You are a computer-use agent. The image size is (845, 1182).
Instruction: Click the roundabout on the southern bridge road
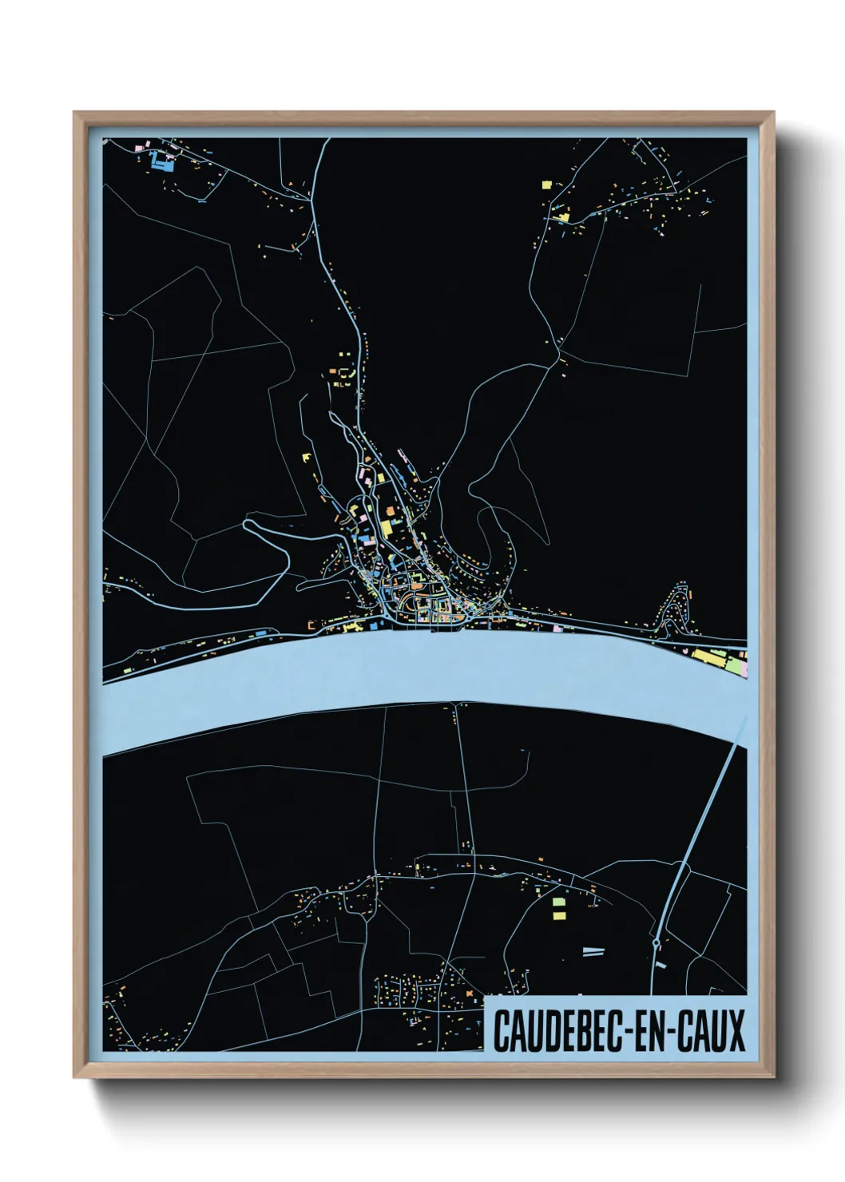pyautogui.click(x=656, y=944)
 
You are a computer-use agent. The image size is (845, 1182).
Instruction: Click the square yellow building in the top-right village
pyautogui.click(x=547, y=184)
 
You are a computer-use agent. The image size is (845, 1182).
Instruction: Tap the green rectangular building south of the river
pyautogui.click(x=559, y=902)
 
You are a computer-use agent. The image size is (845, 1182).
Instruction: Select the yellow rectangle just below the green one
pyautogui.click(x=559, y=914)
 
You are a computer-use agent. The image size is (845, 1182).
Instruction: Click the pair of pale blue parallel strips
pyautogui.click(x=593, y=951)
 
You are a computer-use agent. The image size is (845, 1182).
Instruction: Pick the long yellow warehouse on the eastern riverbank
pyautogui.click(x=706, y=656)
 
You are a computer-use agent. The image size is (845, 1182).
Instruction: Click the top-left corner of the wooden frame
pyautogui.click(x=75, y=113)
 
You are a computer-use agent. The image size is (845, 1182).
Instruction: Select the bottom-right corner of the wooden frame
pyautogui.click(x=772, y=1077)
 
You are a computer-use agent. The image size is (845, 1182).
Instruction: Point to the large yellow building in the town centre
pyautogui.click(x=385, y=528)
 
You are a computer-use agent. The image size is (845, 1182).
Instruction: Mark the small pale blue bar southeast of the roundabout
pyautogui.click(x=660, y=966)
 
